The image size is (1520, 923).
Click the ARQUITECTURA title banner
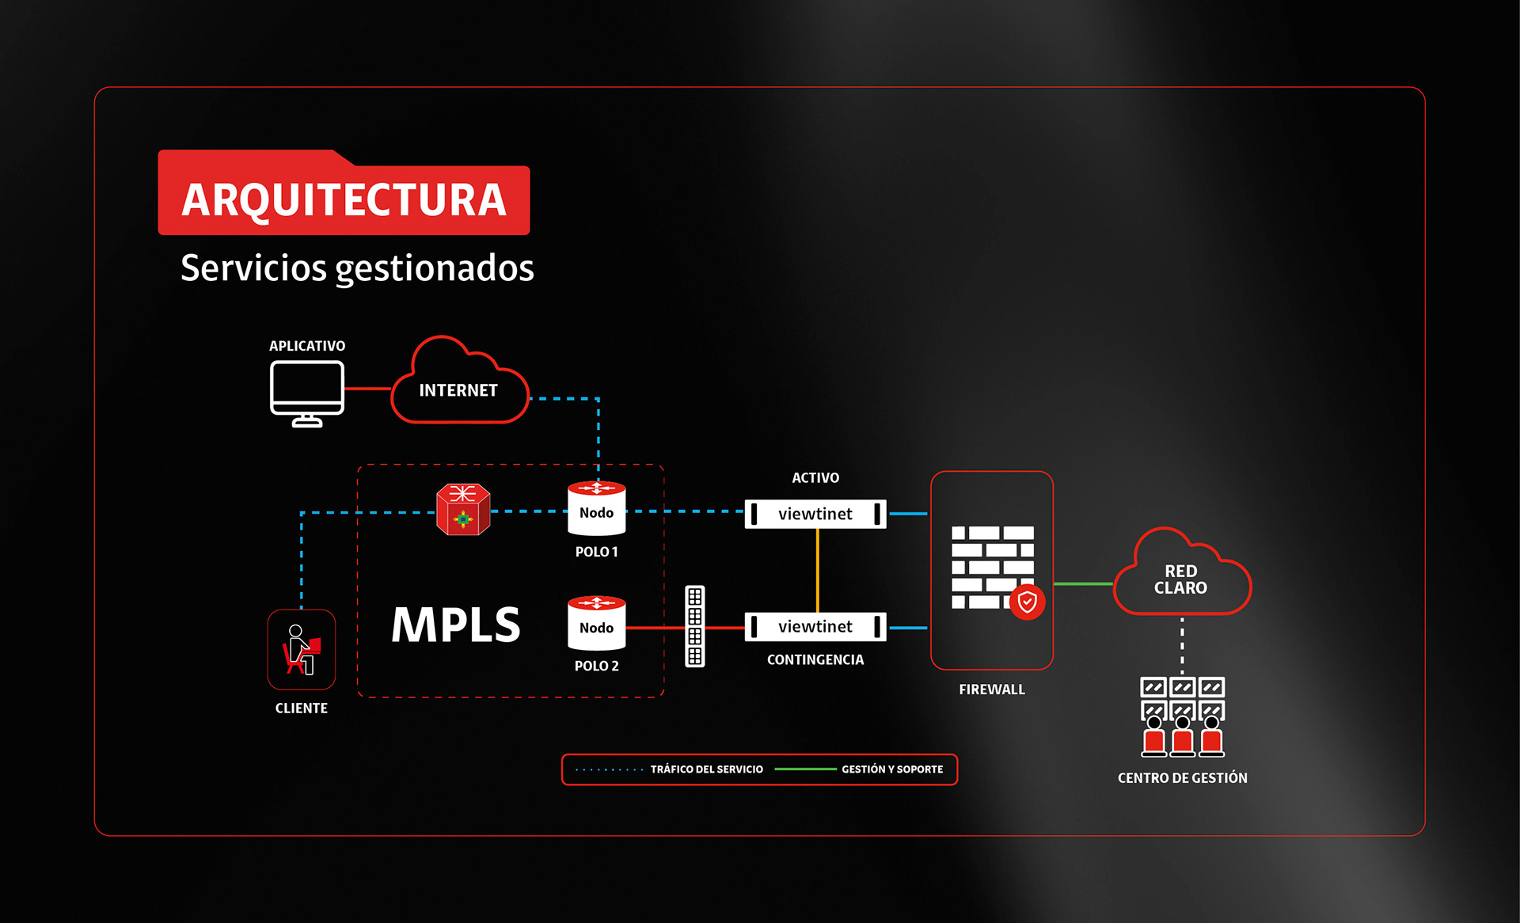344,199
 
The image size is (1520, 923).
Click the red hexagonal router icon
463,510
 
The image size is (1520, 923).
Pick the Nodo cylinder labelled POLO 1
597,510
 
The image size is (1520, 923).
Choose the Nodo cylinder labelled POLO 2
597,625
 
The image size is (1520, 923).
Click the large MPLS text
456,625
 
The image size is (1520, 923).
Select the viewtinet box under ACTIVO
815,514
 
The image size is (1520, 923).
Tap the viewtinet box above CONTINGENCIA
815,627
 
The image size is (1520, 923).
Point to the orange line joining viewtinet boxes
818,570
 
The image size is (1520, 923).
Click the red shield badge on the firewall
1028,602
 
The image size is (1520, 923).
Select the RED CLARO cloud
1180,579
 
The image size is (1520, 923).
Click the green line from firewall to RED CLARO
1083,584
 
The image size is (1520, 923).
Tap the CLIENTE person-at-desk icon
302,649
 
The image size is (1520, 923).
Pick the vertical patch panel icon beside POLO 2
695,626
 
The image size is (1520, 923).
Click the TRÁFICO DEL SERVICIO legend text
706,769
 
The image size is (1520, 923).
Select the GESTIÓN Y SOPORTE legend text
892,769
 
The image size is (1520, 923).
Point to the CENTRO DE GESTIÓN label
1182,778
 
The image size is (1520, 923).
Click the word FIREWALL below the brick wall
992,689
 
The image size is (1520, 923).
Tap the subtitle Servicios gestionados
357,268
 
